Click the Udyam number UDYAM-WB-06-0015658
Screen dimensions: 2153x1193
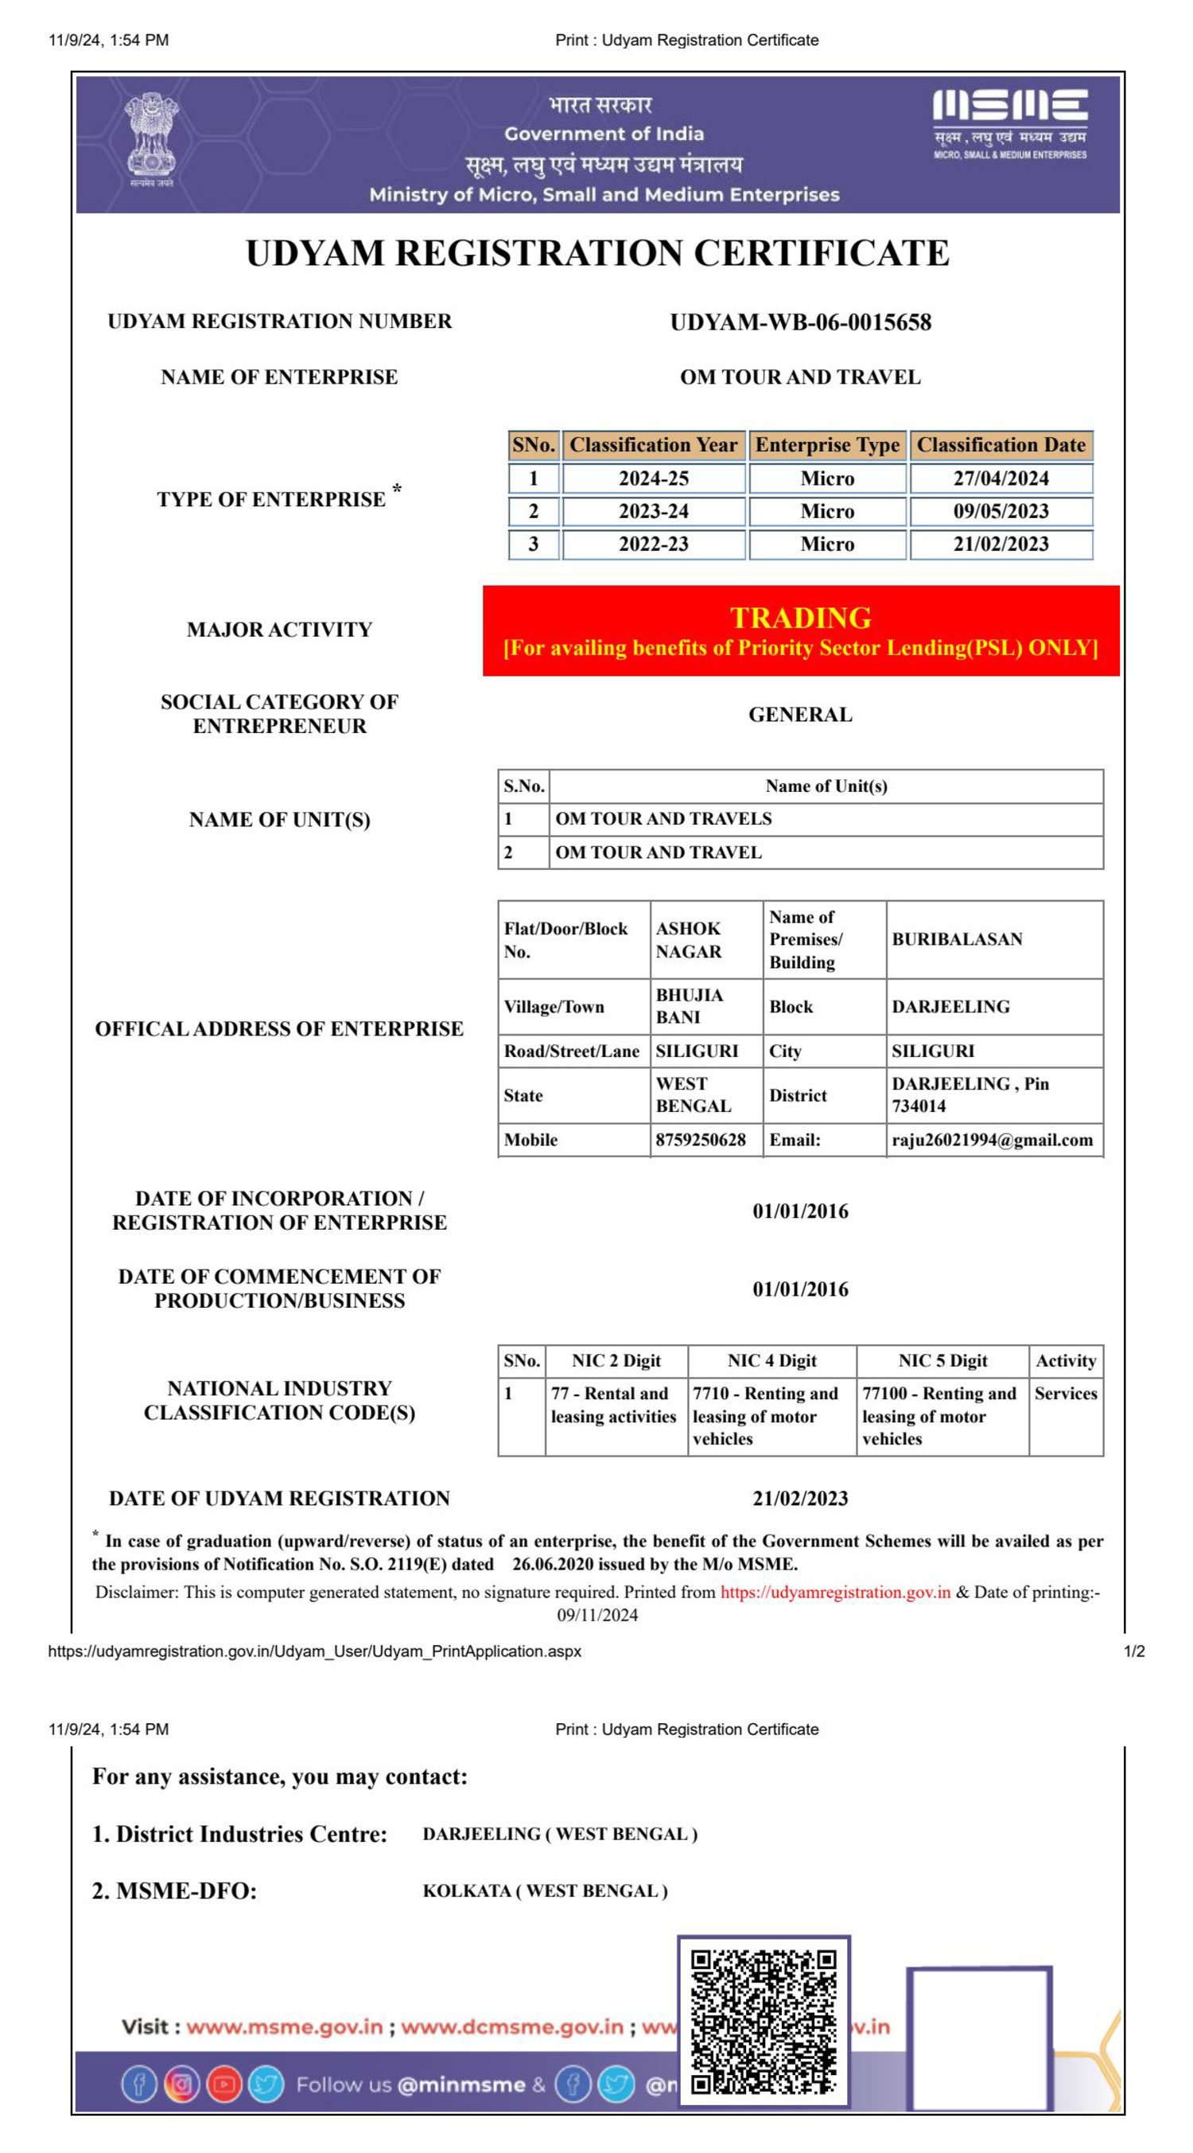[x=799, y=322]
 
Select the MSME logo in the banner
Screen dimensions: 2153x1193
[x=1010, y=123]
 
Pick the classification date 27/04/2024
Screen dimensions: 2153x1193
[x=1001, y=479]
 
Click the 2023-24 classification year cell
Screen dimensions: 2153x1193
[x=653, y=512]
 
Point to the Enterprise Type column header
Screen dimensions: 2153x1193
[x=827, y=446]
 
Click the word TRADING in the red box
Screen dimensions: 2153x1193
[x=800, y=618]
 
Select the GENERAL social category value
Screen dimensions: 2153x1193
[x=799, y=715]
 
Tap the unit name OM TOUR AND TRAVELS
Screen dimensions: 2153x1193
[x=663, y=819]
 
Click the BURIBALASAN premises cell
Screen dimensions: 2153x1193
[x=957, y=939]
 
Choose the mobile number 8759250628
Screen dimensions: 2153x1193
[x=700, y=1140]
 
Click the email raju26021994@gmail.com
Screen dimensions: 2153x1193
[x=992, y=1140]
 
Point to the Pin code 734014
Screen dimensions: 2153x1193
[x=918, y=1106]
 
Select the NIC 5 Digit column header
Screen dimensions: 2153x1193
[x=942, y=1361]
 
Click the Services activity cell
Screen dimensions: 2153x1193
[x=1065, y=1393]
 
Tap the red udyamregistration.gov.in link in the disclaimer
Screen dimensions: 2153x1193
[x=835, y=1592]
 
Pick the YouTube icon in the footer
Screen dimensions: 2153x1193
[x=223, y=2085]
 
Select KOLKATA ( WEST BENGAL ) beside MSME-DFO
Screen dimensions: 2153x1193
[x=545, y=1890]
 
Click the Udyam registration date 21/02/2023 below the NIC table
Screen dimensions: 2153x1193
[x=799, y=1499]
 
